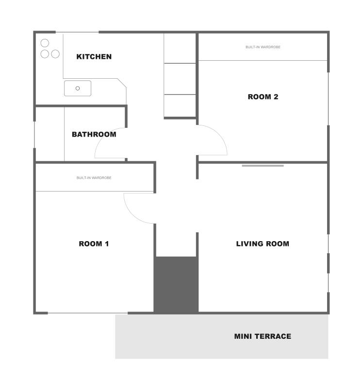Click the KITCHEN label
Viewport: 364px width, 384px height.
[94, 56]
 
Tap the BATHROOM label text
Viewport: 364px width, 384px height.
[94, 134]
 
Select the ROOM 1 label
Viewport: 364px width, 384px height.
[94, 244]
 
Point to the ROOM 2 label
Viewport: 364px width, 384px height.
[263, 97]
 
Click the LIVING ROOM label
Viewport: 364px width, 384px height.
[263, 244]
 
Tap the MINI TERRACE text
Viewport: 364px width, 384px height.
[263, 336]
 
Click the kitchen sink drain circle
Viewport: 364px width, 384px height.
[78, 88]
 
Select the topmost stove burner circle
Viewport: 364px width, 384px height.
[45, 43]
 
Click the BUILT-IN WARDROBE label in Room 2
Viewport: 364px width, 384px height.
[263, 47]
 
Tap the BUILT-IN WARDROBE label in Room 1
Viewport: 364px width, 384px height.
[94, 177]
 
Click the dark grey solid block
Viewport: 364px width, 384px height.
[176, 284]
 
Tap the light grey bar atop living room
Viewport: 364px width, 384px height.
[263, 166]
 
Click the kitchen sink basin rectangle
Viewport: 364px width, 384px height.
[78, 88]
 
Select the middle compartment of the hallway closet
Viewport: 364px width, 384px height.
[180, 79]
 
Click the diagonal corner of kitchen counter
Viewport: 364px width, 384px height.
[122, 83]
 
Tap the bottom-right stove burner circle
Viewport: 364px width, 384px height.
[55, 54]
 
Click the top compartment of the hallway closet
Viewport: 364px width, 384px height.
[180, 48]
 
